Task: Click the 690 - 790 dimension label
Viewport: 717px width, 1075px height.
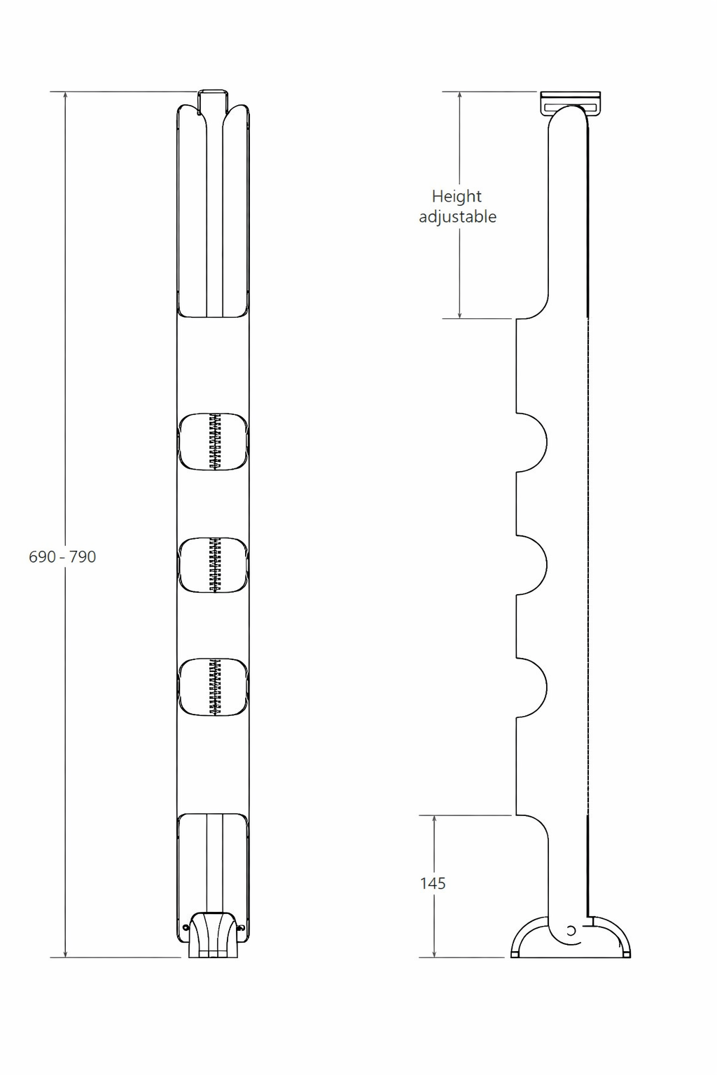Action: point(62,556)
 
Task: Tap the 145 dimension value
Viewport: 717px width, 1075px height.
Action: point(433,883)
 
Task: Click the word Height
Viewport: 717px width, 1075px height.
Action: point(457,196)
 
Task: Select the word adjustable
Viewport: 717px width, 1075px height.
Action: point(458,216)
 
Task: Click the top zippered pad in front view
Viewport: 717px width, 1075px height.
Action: point(214,441)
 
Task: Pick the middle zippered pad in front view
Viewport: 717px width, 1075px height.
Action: point(214,565)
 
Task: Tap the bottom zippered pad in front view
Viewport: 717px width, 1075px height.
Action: point(214,688)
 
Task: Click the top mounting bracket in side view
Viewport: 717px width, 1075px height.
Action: point(571,102)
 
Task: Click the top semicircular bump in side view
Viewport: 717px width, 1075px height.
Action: point(531,442)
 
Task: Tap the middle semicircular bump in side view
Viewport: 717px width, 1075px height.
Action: point(531,565)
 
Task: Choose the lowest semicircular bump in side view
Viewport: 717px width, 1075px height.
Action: point(531,688)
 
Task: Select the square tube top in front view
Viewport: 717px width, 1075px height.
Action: point(212,101)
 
